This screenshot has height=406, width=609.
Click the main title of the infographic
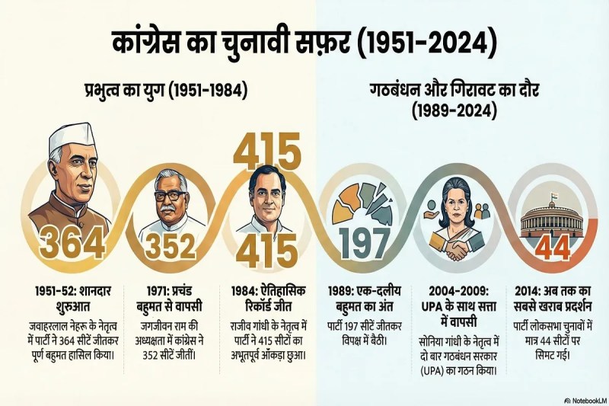(304, 44)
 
